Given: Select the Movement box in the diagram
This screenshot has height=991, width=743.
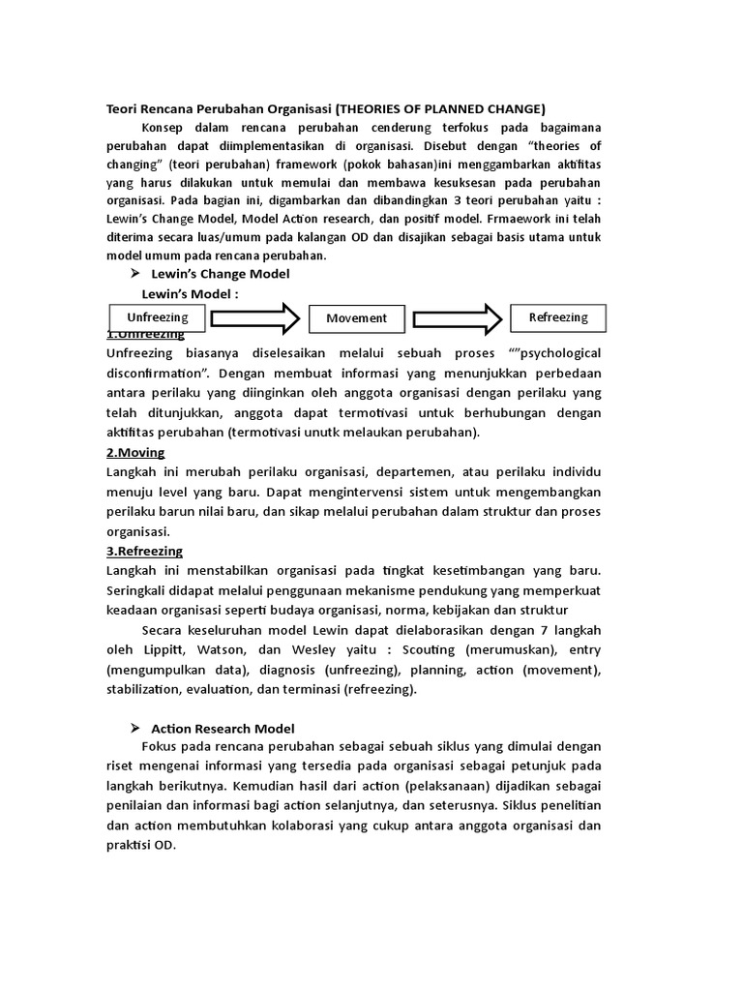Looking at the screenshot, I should (356, 317).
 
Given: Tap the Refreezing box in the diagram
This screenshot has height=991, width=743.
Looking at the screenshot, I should (557, 317).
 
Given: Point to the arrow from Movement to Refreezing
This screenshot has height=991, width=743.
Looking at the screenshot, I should (455, 316).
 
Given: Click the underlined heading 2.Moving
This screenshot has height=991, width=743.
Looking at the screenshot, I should (135, 452).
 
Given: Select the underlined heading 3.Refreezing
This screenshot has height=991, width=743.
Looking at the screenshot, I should (144, 551).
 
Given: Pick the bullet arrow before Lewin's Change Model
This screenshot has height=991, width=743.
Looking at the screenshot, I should (135, 274).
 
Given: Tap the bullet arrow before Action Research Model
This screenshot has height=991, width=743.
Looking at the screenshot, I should (135, 728).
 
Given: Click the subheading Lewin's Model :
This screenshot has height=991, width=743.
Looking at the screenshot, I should (190, 293).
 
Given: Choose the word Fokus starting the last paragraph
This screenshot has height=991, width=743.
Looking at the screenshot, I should (161, 746).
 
